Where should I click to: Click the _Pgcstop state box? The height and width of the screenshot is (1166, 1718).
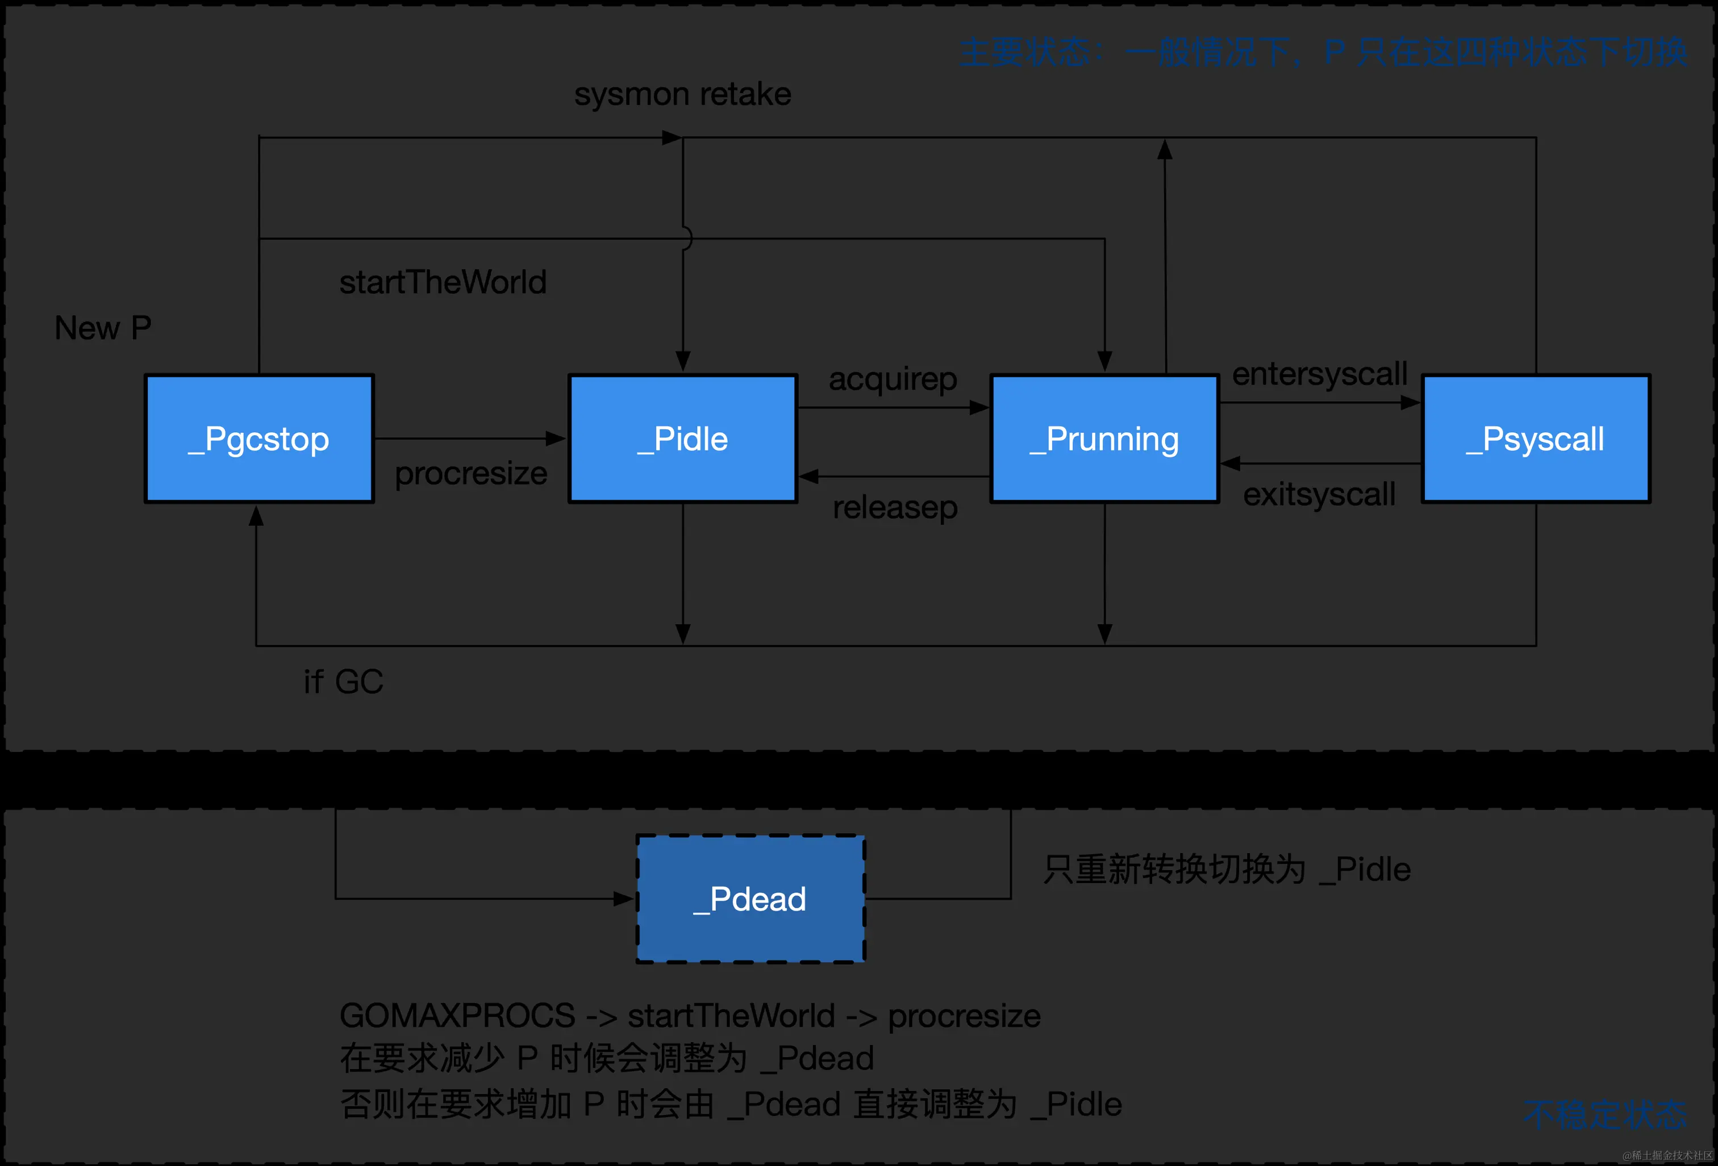pyautogui.click(x=258, y=439)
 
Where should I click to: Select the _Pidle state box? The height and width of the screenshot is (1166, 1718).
pyautogui.click(x=682, y=439)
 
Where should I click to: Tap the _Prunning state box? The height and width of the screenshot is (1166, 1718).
pyautogui.click(x=1104, y=439)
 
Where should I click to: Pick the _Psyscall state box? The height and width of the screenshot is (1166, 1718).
pyautogui.click(x=1536, y=439)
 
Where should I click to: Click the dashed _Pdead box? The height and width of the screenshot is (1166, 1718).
pyautogui.click(x=750, y=898)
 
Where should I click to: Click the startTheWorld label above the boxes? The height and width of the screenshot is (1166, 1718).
pyautogui.click(x=443, y=282)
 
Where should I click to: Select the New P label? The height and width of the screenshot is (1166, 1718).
pyautogui.click(x=103, y=327)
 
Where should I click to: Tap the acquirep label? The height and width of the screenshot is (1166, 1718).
pyautogui.click(x=893, y=379)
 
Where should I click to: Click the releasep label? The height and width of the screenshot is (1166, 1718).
pyautogui.click(x=894, y=508)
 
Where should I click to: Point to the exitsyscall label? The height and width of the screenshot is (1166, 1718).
pyautogui.click(x=1319, y=494)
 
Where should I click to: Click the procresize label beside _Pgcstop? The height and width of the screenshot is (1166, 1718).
pyautogui.click(x=471, y=473)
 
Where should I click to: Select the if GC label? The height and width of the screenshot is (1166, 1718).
pyautogui.click(x=343, y=682)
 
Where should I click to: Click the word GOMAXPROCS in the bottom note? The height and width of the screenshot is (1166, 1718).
pyautogui.click(x=457, y=1015)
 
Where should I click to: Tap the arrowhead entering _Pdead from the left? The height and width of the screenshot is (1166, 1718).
pyautogui.click(x=625, y=898)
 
